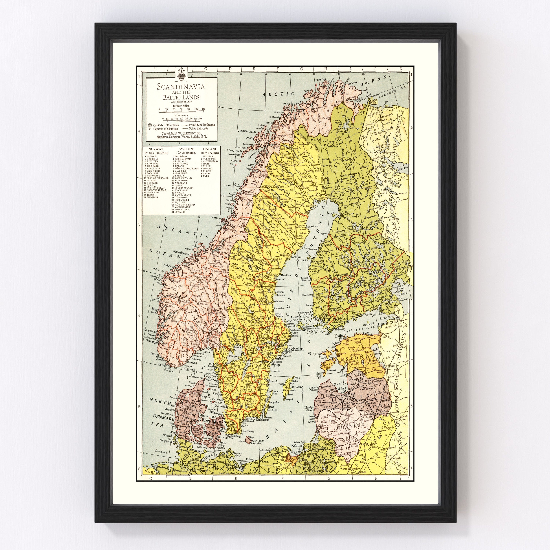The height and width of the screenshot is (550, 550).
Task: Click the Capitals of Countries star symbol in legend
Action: tap(150, 125)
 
